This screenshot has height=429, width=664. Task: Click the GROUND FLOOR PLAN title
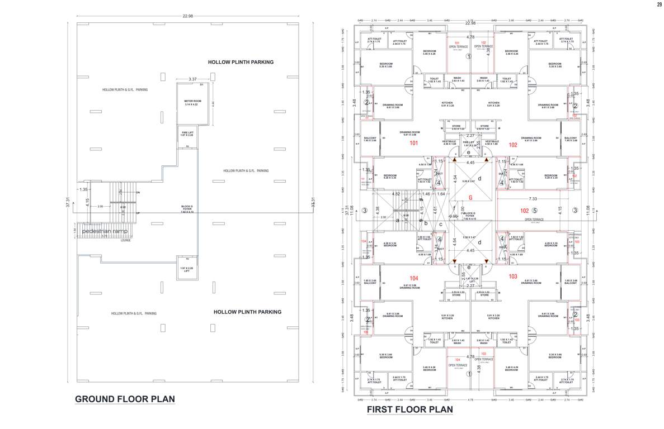[125, 399]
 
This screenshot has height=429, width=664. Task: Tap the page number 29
[658, 4]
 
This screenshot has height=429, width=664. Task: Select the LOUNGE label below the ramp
[126, 241]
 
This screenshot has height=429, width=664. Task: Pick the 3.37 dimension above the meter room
[192, 79]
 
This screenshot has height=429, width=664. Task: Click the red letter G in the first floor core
[470, 197]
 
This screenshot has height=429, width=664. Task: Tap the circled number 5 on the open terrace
[534, 211]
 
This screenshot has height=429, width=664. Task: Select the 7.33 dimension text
[533, 199]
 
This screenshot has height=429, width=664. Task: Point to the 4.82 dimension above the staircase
[396, 194]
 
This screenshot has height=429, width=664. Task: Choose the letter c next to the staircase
[440, 225]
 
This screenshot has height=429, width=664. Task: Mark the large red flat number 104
[414, 278]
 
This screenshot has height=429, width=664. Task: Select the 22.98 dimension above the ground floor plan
[187, 15]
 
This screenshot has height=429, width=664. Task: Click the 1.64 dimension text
[441, 194]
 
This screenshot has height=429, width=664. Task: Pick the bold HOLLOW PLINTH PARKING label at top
[241, 62]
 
